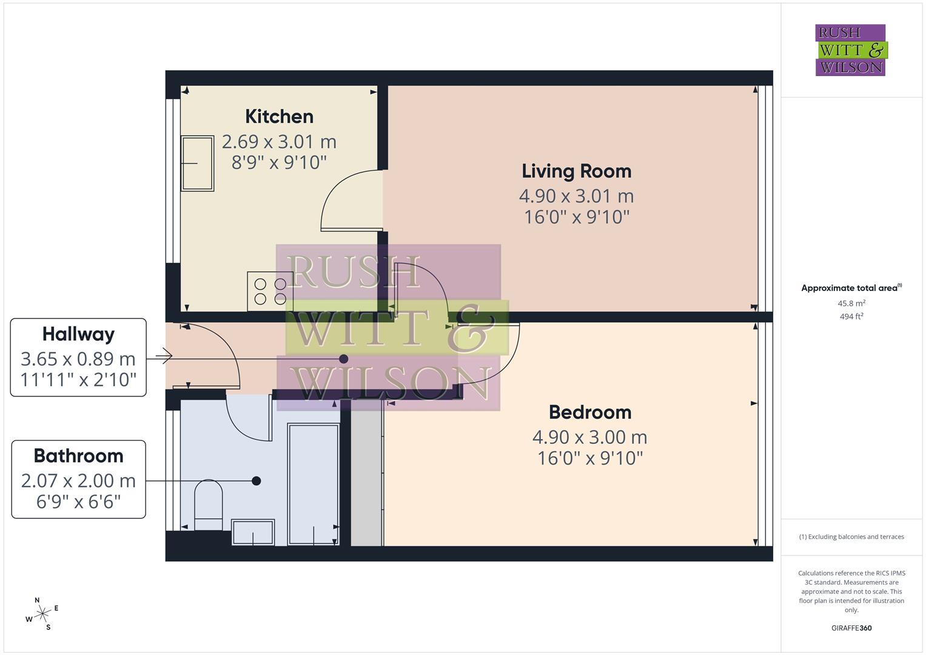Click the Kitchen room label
click(279, 116)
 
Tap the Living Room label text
click(576, 171)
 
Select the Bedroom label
click(590, 412)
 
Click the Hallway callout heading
click(78, 334)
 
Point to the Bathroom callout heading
click(78, 456)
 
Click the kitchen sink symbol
click(198, 163)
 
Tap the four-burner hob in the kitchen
click(270, 291)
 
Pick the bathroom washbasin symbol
click(253, 532)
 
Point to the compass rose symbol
click(42, 614)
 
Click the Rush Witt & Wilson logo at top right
click(850, 50)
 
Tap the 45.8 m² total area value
click(851, 303)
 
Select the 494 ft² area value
click(851, 317)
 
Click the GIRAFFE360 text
click(851, 628)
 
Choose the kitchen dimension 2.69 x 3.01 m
click(279, 142)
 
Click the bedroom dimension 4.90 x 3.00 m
click(589, 437)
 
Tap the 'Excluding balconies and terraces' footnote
click(851, 537)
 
